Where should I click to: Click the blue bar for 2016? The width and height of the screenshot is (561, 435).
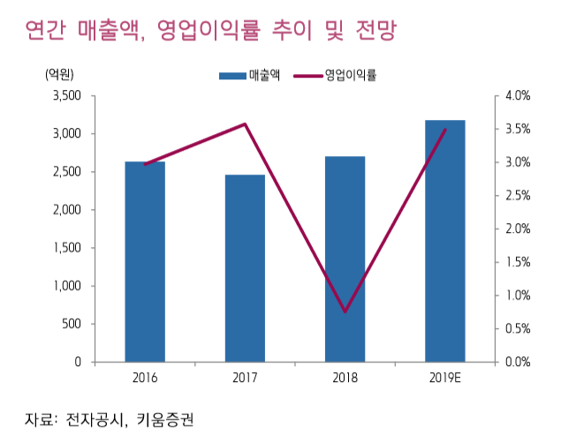[145, 262]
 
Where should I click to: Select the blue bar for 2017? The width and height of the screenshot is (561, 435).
[245, 268]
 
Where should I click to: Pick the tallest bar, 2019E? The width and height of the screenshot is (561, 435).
[444, 241]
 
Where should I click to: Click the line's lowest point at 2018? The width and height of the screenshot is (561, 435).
[345, 311]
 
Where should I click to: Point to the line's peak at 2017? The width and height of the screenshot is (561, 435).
[245, 124]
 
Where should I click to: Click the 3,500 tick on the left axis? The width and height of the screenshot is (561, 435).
[66, 95]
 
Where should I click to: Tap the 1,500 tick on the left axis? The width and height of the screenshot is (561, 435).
[66, 248]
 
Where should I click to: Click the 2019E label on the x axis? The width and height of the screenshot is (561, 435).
[444, 379]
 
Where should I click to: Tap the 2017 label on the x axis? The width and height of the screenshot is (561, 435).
[245, 379]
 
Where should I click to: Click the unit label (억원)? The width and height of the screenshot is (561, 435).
[59, 75]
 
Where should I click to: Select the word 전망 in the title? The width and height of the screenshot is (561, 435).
[365, 33]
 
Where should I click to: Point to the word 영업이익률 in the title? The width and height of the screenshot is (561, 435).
[207, 33]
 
